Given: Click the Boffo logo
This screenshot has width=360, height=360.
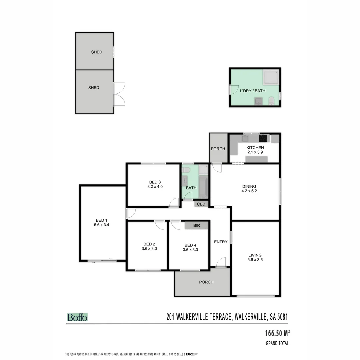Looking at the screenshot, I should [x=77, y=317].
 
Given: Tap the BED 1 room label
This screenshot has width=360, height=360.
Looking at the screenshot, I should [x=102, y=220].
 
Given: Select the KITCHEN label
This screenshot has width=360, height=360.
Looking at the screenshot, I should [x=255, y=148].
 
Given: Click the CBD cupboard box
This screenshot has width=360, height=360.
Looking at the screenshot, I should [x=201, y=204].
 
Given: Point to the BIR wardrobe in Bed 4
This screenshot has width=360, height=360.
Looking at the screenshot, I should [x=197, y=226].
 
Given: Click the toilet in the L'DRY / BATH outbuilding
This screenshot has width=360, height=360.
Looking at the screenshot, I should [x=271, y=101].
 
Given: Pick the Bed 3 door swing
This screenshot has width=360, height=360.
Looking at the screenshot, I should [x=174, y=203].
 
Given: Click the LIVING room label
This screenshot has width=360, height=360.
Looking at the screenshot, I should [x=255, y=255].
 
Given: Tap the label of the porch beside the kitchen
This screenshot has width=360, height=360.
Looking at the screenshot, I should [x=218, y=149].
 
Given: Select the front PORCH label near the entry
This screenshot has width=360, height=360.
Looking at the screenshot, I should [x=206, y=282].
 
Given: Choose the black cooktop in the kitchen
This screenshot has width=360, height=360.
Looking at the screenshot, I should [x=264, y=138].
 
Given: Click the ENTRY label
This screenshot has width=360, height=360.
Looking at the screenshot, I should [x=221, y=242].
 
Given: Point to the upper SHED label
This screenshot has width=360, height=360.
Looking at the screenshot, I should [x=97, y=52].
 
